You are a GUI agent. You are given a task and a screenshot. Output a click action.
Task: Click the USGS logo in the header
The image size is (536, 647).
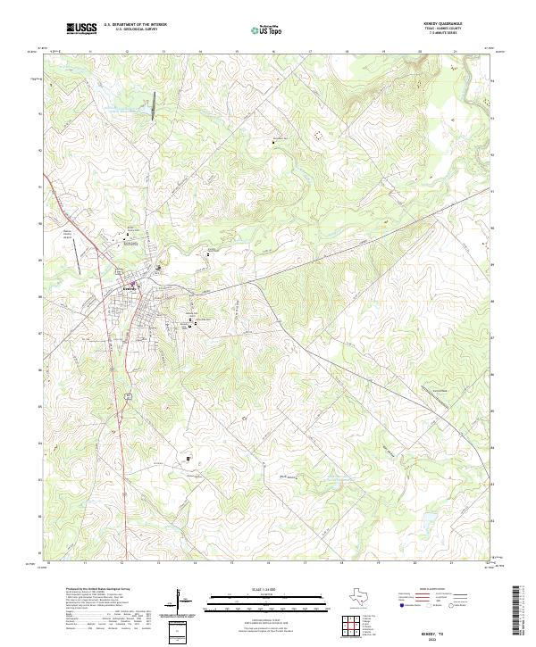[x=80, y=29]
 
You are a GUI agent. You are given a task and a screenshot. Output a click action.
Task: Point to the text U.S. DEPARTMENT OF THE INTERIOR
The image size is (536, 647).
[x=135, y=25]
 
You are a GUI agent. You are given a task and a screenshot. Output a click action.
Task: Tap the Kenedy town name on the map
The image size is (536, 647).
[x=129, y=288]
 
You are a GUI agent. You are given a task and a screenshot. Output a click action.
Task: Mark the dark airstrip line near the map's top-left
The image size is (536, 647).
[x=154, y=104]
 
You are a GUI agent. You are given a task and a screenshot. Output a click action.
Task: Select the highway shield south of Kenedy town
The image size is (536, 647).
[x=129, y=394]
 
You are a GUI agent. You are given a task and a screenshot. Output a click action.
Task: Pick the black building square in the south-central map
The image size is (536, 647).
[x=188, y=460]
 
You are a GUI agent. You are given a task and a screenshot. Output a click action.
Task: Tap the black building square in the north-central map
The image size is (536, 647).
[x=273, y=141]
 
